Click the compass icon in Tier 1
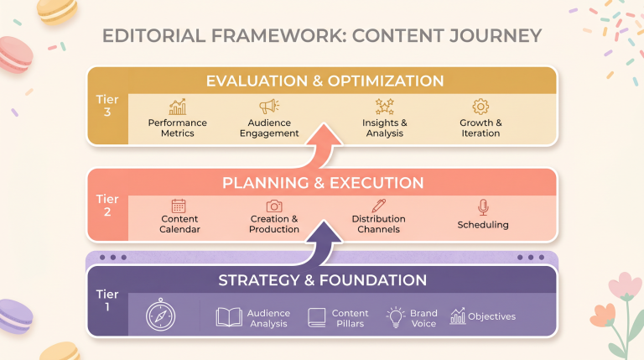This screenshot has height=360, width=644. click(x=161, y=316)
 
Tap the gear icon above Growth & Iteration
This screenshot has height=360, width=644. click(x=480, y=107)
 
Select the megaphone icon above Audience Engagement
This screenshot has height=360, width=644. click(x=269, y=107)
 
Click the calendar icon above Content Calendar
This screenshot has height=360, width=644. click(x=179, y=206)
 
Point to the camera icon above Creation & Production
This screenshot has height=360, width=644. click(x=274, y=206)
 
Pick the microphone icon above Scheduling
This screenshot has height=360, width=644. click(x=483, y=207)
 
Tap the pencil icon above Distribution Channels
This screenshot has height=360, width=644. click(x=378, y=206)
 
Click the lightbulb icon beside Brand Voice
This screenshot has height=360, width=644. click(x=395, y=317)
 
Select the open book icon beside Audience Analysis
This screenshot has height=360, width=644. click(x=229, y=317)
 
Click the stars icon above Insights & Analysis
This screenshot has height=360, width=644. click(x=384, y=107)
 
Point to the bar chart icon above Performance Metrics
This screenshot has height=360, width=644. click(x=178, y=107)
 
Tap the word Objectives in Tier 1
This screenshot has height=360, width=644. click(x=491, y=316)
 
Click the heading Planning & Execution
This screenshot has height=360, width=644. click(x=323, y=183)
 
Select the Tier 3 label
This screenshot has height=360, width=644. click(x=107, y=106)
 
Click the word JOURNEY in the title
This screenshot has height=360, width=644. click(x=496, y=36)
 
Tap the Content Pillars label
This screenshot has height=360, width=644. click(x=350, y=318)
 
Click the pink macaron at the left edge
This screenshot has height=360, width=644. click(x=16, y=55)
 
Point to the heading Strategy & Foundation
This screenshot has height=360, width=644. click(x=322, y=280)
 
